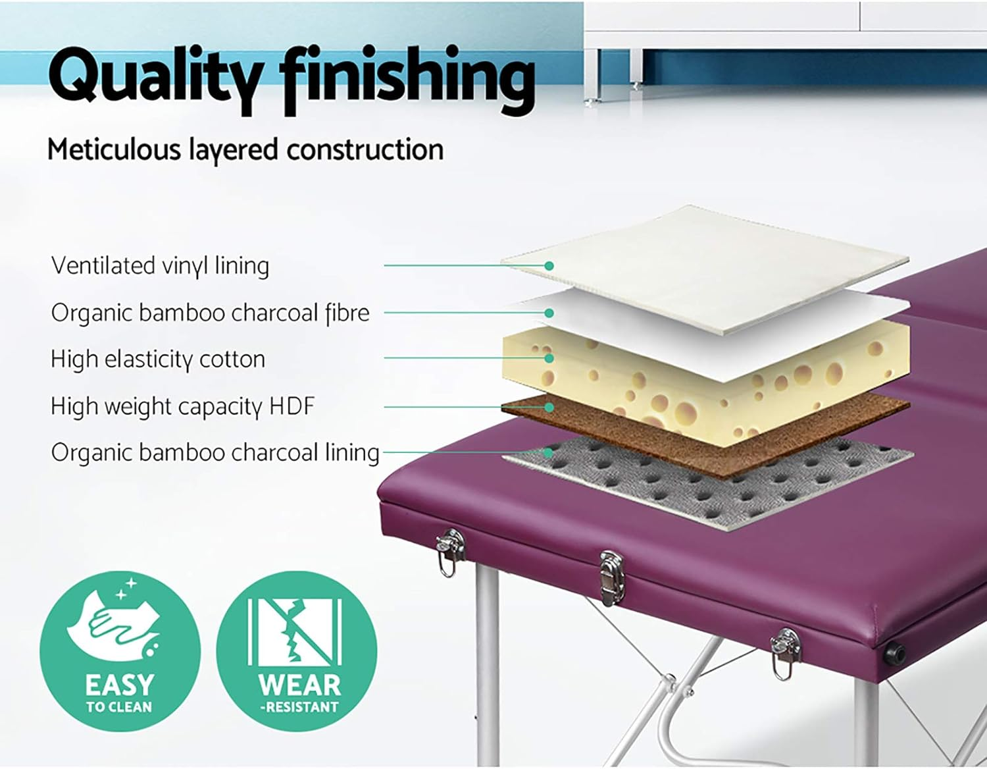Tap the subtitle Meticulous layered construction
(x=245, y=150)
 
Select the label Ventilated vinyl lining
(x=160, y=266)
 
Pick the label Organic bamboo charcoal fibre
(x=210, y=313)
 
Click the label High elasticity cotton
(x=158, y=359)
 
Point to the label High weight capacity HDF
(x=183, y=406)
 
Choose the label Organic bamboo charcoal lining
(x=215, y=453)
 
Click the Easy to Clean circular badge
(x=119, y=651)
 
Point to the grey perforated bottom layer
(x=711, y=487)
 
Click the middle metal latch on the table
(x=612, y=576)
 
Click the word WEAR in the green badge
(x=299, y=685)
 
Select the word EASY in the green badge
(x=119, y=685)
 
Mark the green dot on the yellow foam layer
(x=549, y=358)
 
